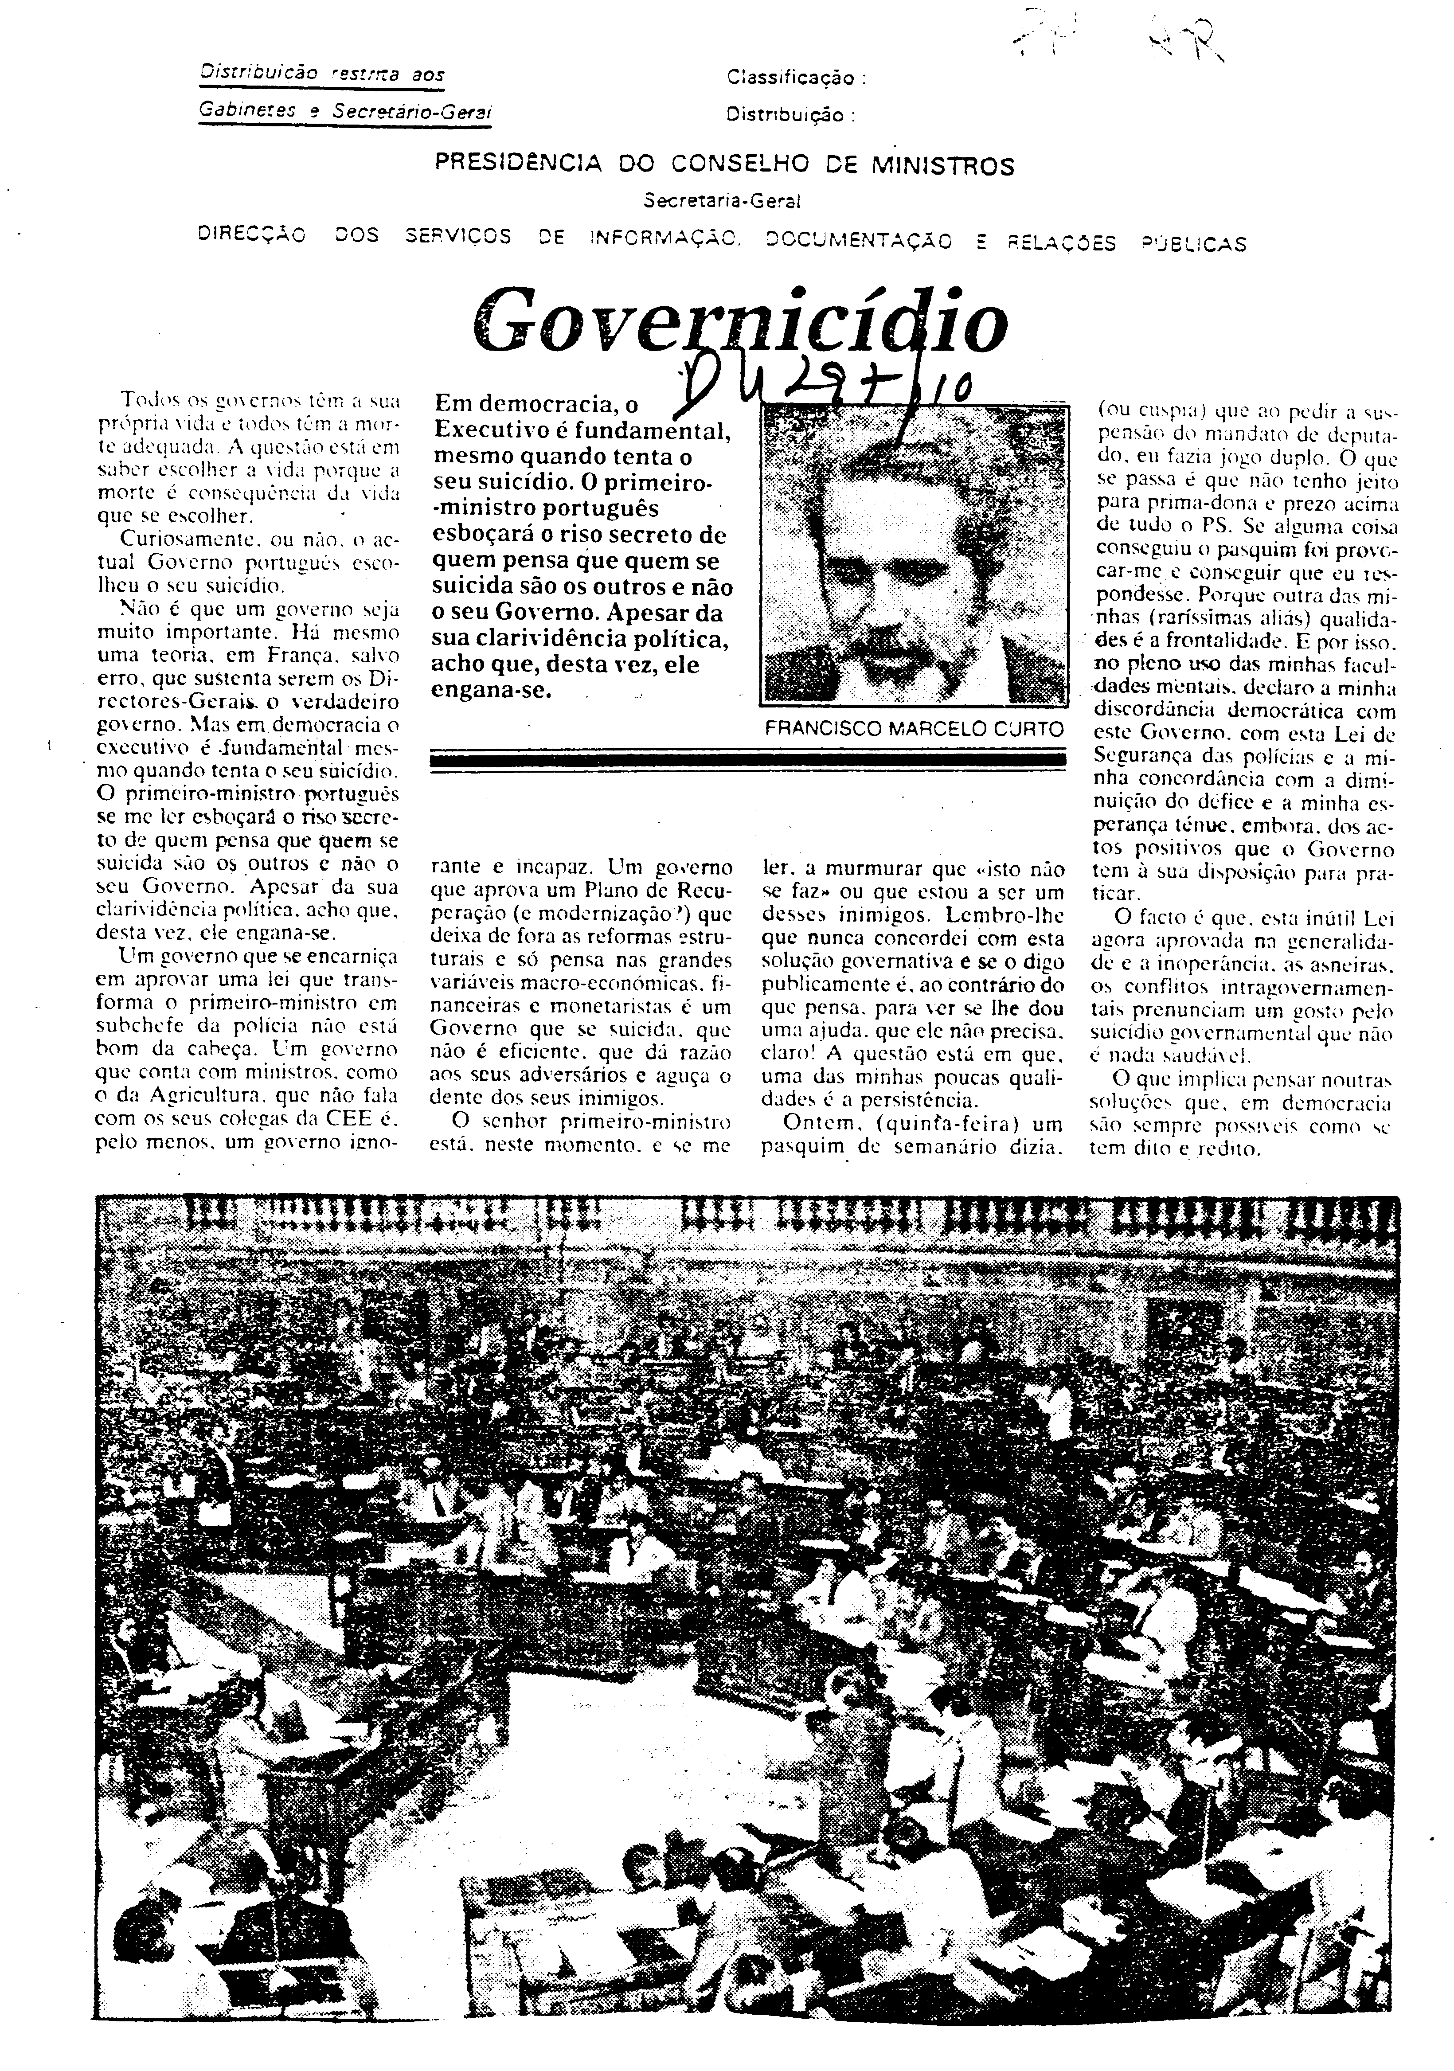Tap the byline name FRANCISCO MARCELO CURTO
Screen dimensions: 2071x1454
[x=914, y=729]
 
